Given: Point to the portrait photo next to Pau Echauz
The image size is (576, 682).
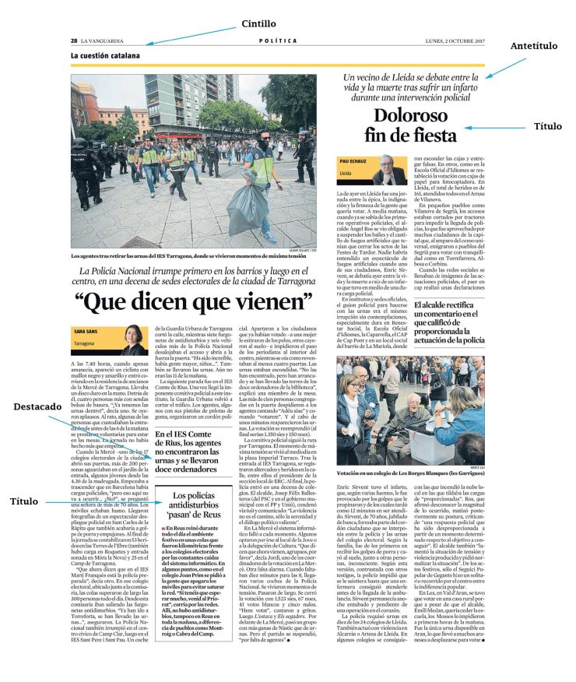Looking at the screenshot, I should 388,170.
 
